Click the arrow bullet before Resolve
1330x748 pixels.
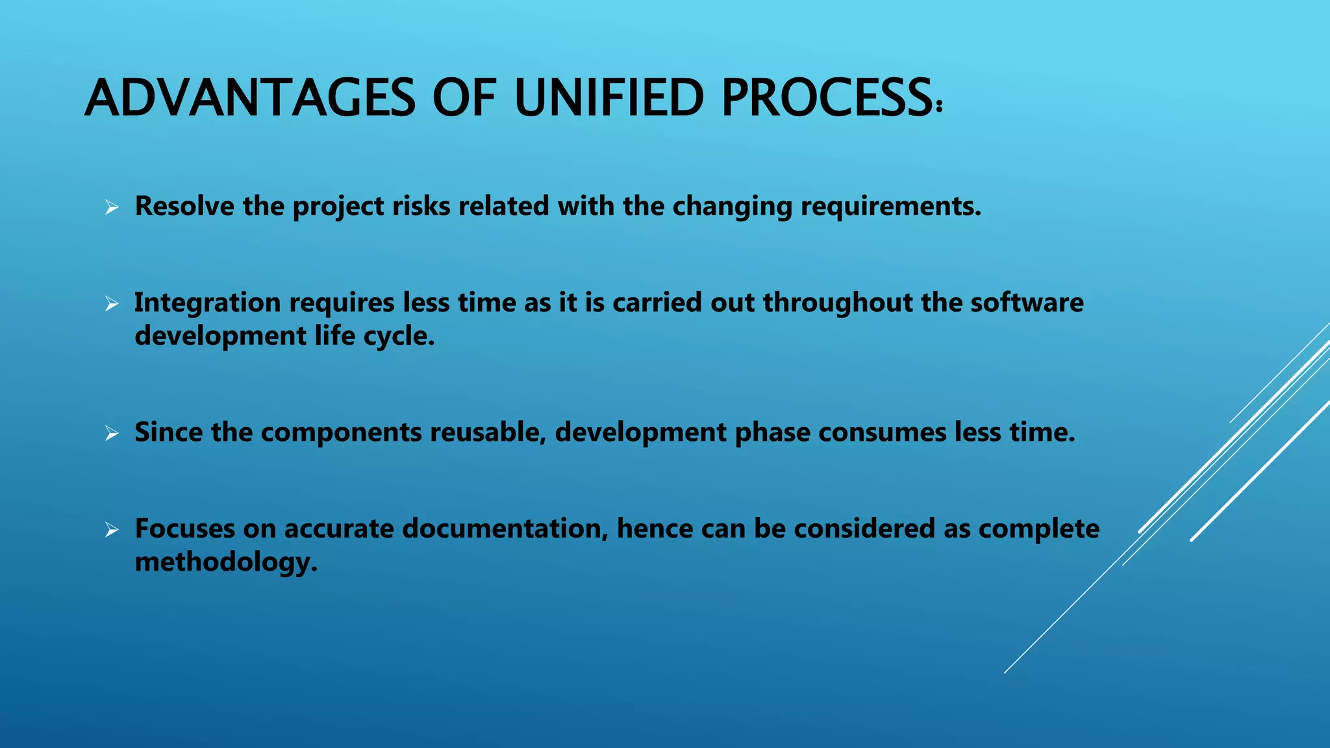coord(112,208)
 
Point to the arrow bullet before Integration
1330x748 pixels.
coord(112,304)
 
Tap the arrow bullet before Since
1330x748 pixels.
coord(112,434)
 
